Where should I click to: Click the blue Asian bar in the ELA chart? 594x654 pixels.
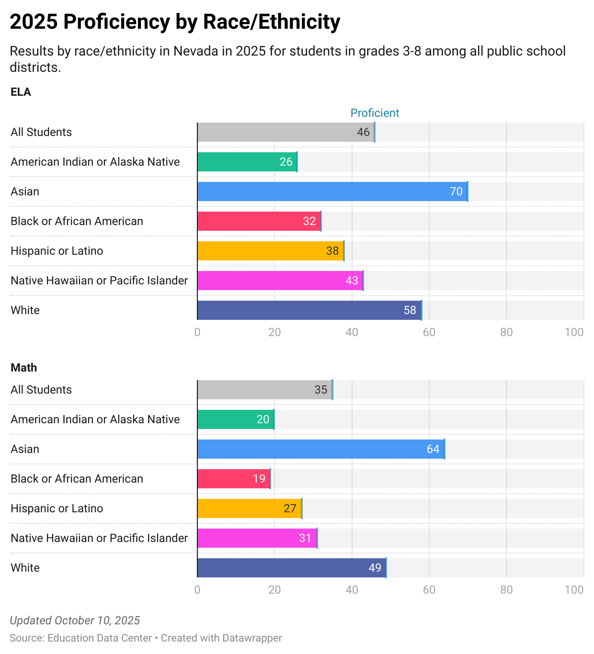coord(332,192)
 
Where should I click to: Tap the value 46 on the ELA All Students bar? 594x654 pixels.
coord(363,132)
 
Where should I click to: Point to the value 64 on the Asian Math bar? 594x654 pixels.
coord(433,449)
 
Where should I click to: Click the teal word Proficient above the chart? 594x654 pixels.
coord(375,113)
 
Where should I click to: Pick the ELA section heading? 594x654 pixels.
coord(21,92)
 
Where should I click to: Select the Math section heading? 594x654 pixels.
coord(23,368)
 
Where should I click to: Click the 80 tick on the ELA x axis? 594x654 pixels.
coord(506,332)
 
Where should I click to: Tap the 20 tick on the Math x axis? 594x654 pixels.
coord(274,590)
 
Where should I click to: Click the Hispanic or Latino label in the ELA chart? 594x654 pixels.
coord(57,251)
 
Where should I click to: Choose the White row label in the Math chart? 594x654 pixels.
coord(25,568)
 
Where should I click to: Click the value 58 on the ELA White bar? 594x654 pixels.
coord(410,310)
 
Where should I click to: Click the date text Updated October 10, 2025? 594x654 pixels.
coord(75,620)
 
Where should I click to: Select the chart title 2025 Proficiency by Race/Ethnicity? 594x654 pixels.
coord(175,22)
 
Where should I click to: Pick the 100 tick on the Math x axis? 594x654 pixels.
coord(574,590)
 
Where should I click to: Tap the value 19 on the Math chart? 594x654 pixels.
coord(259,479)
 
